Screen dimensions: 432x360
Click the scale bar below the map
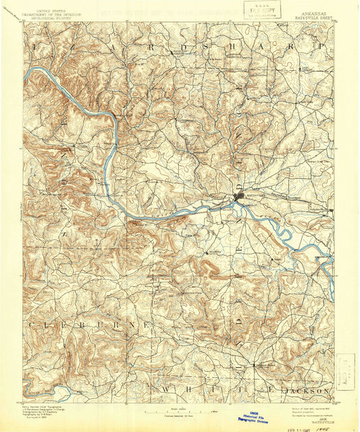click(180, 410)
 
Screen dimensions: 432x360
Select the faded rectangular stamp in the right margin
click(344, 372)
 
